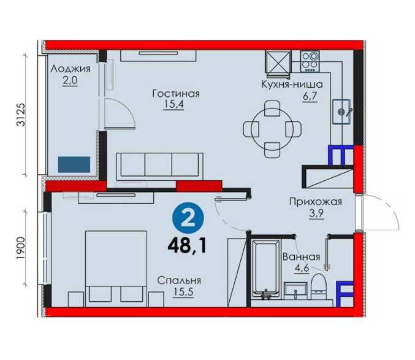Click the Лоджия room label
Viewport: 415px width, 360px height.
[x=70, y=69]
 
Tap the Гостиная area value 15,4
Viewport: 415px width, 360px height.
[x=173, y=104]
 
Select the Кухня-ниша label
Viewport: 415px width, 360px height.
[x=292, y=85]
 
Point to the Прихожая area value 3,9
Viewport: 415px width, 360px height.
[x=316, y=213]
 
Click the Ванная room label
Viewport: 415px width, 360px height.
[x=301, y=257]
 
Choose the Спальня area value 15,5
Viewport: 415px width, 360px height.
[x=183, y=292]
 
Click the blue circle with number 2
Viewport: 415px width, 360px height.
[x=188, y=218]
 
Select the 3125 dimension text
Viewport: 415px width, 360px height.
[x=21, y=115]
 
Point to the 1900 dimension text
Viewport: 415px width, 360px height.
[x=21, y=248]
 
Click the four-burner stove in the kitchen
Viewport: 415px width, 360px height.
[x=310, y=61]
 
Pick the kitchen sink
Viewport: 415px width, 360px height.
[x=341, y=112]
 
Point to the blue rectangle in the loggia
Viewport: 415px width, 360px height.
[x=74, y=164]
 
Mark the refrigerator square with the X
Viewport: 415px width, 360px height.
[x=278, y=62]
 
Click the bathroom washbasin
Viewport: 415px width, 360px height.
[x=295, y=290]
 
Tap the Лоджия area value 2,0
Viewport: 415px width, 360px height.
[x=70, y=80]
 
